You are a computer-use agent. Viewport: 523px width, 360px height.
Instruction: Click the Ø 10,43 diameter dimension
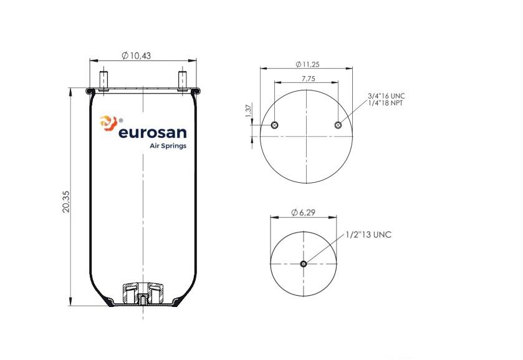(136, 56)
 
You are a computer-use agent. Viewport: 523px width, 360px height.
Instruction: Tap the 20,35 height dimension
(66, 202)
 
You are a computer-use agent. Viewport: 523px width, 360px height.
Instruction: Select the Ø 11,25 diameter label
(307, 64)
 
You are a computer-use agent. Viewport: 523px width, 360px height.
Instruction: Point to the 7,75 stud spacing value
(308, 79)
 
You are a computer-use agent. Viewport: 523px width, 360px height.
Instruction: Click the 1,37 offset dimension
(248, 111)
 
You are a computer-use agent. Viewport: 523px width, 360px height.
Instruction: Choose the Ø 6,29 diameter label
(303, 212)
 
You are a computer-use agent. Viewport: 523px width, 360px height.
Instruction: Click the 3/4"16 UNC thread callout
(386, 96)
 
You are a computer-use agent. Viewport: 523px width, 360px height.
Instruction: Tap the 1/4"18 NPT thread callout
(386, 103)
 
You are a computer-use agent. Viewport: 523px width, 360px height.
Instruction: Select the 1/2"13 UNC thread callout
(368, 235)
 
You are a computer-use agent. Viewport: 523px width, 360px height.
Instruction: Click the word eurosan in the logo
(153, 133)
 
